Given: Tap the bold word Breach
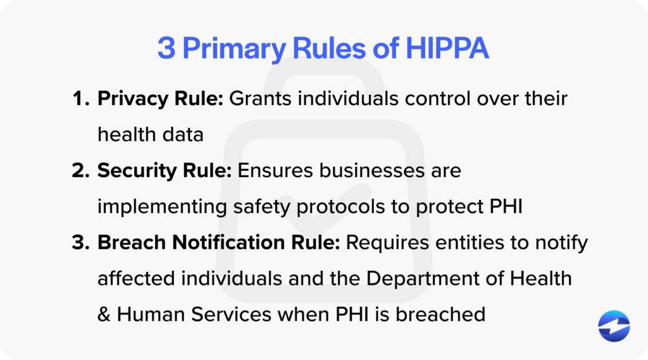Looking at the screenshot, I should click(x=127, y=243).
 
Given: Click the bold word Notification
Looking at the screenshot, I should click(x=215, y=243).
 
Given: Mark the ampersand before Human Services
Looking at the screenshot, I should click(x=104, y=314).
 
